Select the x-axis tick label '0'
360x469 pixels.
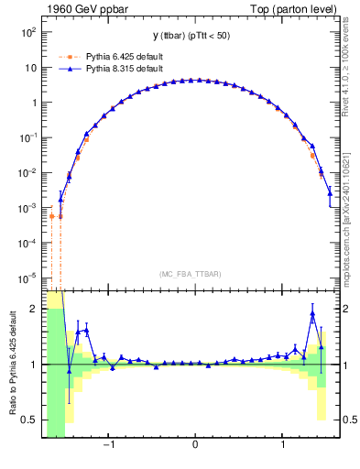(195, 446)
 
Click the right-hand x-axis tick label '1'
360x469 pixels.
(283, 446)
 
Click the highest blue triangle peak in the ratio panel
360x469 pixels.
(312, 314)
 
